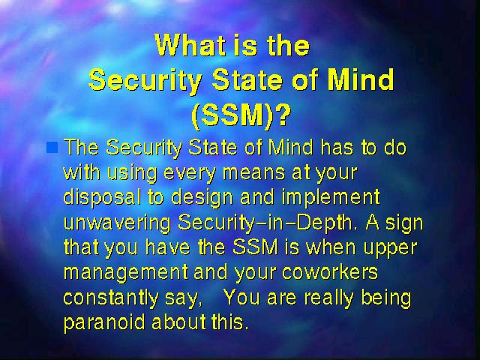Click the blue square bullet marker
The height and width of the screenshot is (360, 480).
coord(52,147)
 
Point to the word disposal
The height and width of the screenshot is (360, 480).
coord(102,198)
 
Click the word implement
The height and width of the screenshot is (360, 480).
coord(331,198)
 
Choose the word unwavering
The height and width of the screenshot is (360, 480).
coord(117,223)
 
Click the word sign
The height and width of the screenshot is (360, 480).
coord(404,223)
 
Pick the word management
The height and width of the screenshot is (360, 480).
coord(126,273)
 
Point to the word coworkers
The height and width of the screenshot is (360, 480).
coord(330,271)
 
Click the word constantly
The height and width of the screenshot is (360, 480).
coord(111,298)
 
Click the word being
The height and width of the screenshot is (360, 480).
coord(386,298)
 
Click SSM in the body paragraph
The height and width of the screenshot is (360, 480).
coord(255,247)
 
